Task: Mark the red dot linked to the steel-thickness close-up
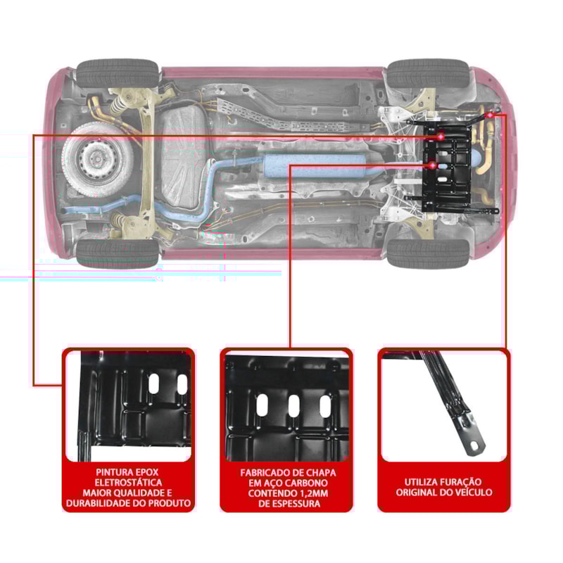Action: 432,165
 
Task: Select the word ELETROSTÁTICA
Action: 128,482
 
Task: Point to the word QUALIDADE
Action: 140,493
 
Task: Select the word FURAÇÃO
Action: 467,482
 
